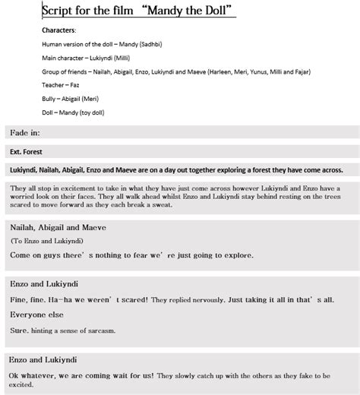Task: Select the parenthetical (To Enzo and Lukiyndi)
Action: [x=47, y=241]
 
